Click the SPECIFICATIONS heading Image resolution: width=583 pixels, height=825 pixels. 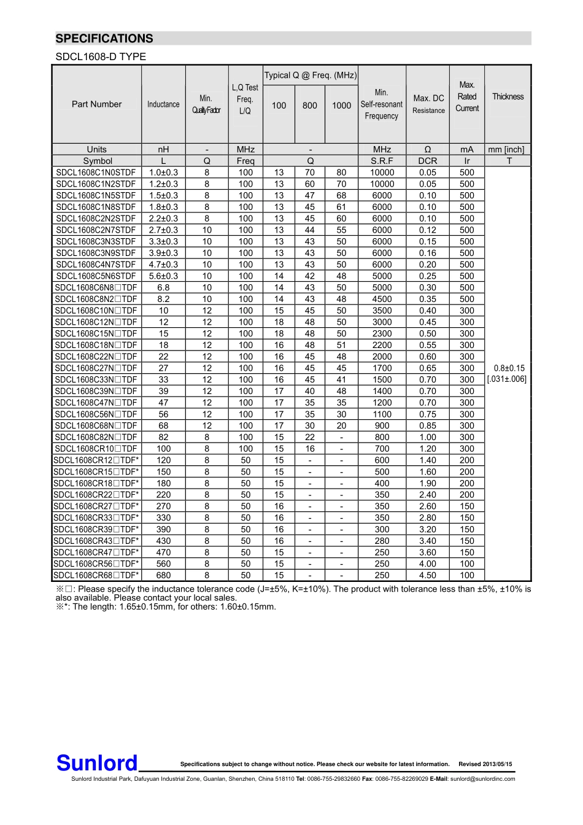[x=104, y=39]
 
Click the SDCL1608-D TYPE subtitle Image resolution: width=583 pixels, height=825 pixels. [x=101, y=57]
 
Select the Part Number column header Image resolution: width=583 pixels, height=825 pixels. [x=96, y=104]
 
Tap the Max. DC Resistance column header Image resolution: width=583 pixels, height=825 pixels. [x=428, y=104]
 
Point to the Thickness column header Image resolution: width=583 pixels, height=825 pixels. [x=508, y=97]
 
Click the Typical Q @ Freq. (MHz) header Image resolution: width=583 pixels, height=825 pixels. [x=310, y=76]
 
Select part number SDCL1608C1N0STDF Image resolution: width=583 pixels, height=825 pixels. [x=96, y=172]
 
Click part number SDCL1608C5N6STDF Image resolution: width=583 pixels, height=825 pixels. [x=96, y=276]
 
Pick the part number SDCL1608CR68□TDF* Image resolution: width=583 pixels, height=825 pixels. [x=96, y=576]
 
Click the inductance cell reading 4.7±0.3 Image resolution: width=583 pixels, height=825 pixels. [x=163, y=265]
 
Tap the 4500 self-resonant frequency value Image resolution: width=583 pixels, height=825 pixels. [x=382, y=299]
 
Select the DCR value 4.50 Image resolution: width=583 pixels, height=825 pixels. [x=428, y=576]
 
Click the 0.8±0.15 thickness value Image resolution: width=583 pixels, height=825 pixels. [x=509, y=368]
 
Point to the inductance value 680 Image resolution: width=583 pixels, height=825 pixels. [x=163, y=576]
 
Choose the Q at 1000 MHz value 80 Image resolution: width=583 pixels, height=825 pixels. [x=341, y=172]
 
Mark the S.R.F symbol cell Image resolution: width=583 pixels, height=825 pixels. [x=382, y=161]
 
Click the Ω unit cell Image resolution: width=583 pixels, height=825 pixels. [x=428, y=150]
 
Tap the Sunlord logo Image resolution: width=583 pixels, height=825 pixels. [x=97, y=763]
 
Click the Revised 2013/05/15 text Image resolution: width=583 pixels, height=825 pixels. [x=485, y=764]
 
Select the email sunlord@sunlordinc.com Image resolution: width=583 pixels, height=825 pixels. [x=482, y=779]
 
